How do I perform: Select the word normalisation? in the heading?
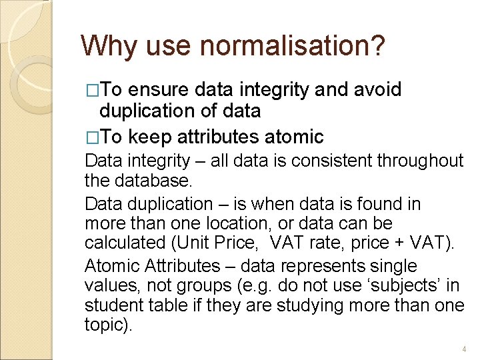pos(292,46)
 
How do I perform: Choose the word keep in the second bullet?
pos(150,137)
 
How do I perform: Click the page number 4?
pos(464,349)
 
